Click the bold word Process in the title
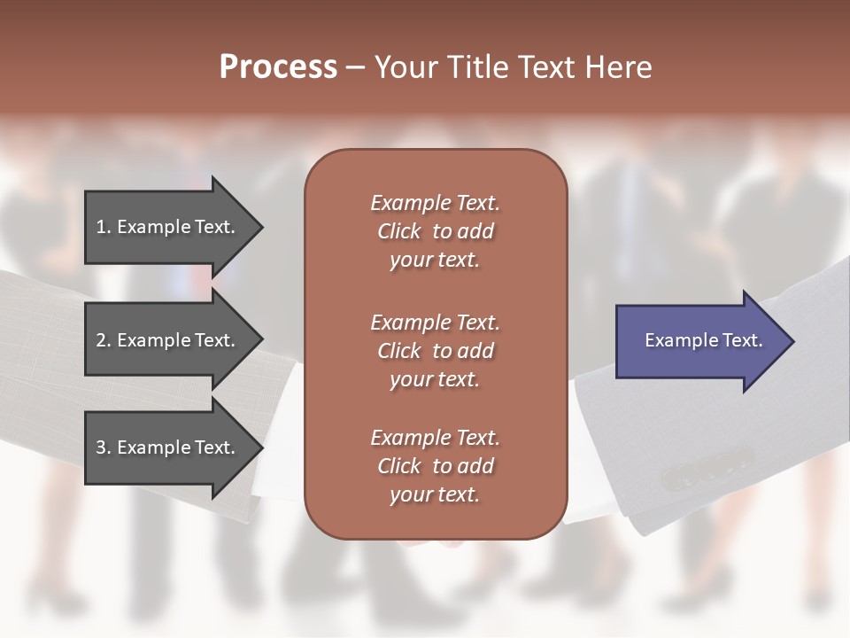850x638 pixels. coord(278,67)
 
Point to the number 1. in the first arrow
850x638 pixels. coord(104,227)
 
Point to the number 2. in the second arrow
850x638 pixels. coord(104,340)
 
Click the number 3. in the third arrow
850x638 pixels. coord(104,447)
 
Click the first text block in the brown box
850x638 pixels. coord(435,231)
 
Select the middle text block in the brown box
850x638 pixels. coord(435,351)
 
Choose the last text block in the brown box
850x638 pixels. coord(435,466)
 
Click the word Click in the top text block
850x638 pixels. coord(399,231)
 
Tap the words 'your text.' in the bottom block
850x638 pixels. coord(435,494)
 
